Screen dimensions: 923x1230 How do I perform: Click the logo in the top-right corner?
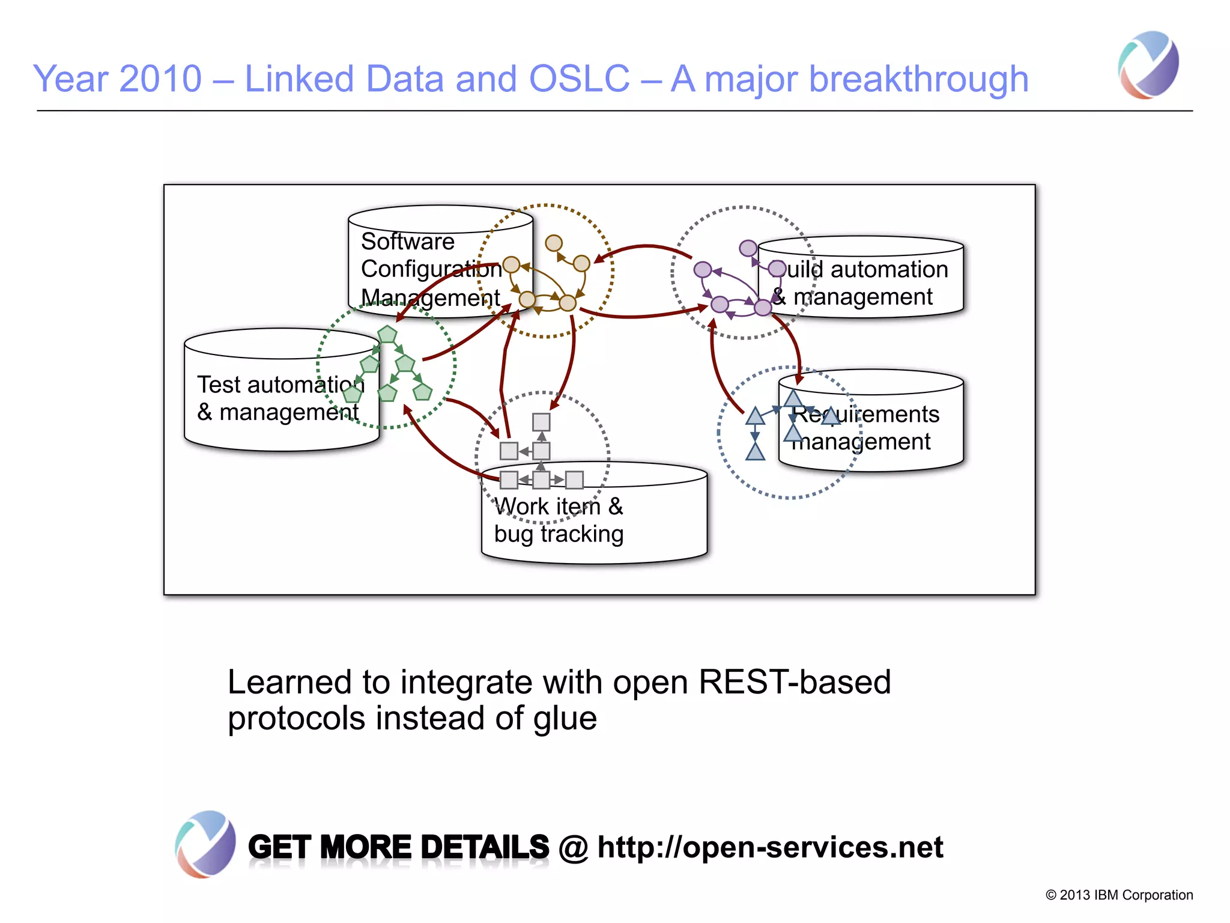pos(1148,65)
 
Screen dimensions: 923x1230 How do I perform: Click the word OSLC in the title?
pos(579,79)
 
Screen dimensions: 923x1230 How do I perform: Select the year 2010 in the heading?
pos(160,79)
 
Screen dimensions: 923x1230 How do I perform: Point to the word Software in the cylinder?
pos(407,242)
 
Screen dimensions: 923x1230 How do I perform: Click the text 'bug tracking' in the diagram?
pos(559,534)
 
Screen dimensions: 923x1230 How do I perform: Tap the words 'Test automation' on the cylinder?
pos(280,385)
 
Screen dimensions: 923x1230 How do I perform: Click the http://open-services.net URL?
pos(770,847)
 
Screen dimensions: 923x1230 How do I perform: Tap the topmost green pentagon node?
pos(387,334)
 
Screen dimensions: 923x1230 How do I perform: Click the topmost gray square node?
pos(541,422)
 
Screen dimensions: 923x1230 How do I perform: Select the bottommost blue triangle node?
pos(755,452)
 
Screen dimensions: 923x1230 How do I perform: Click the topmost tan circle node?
pos(554,243)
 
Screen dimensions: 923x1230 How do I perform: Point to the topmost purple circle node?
pos(748,248)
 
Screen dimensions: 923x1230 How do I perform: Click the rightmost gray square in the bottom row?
pos(575,480)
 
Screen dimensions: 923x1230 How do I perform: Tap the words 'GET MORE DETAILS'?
pos(398,847)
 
